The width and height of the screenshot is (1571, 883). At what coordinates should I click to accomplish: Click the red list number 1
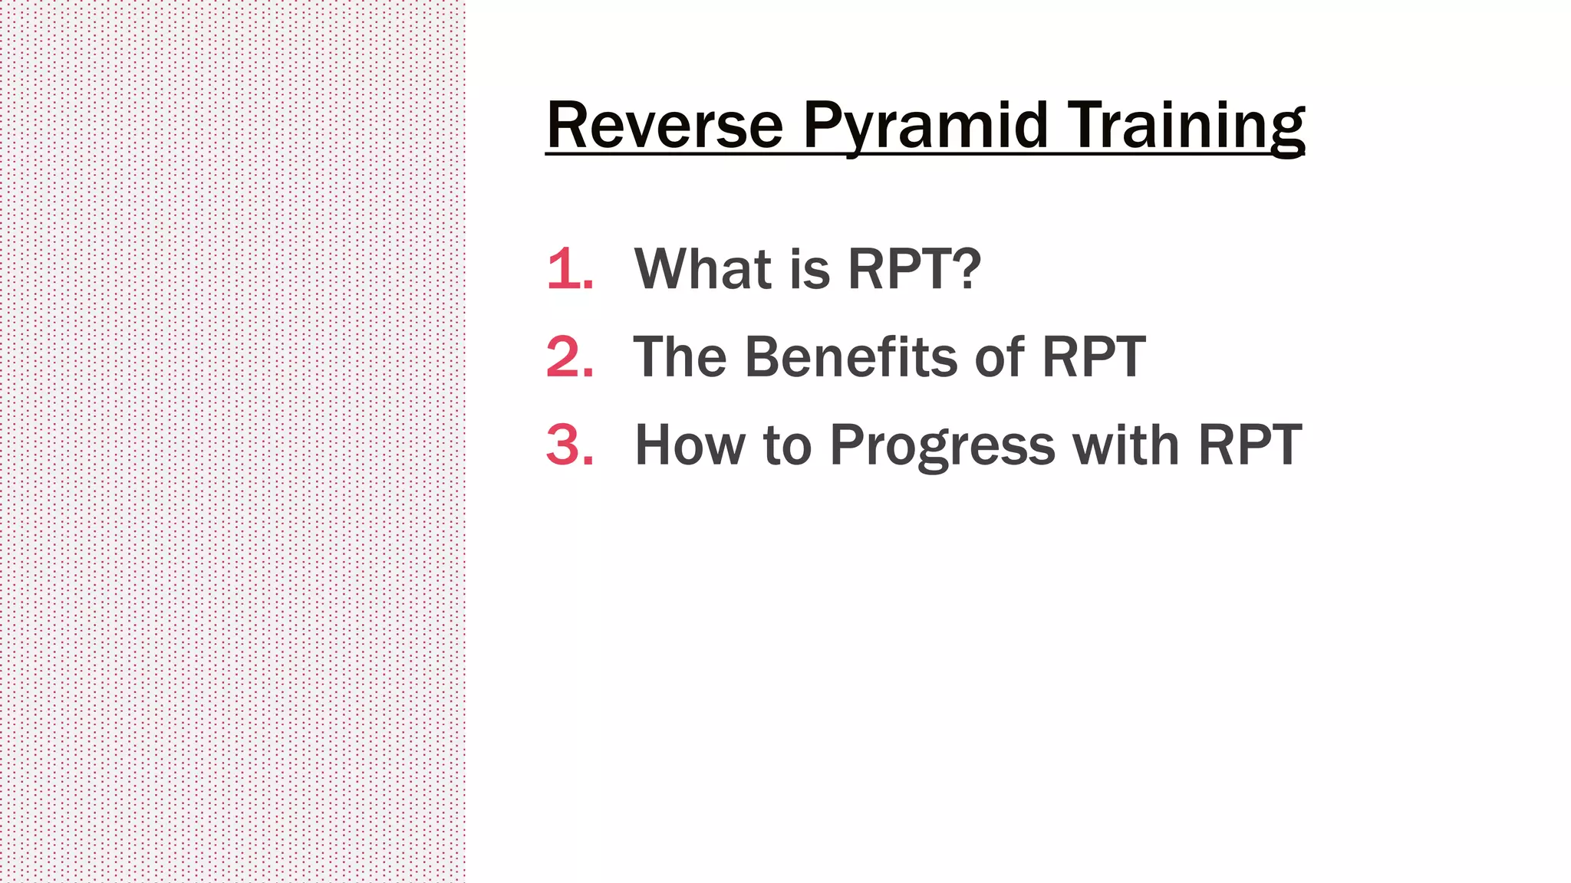(568, 269)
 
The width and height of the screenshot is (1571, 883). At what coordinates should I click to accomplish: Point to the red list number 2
(568, 357)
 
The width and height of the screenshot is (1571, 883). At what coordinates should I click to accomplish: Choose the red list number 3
(568, 445)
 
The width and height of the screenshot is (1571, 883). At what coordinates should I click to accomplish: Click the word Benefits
(851, 357)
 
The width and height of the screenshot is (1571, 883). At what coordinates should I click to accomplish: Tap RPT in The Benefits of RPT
(1094, 357)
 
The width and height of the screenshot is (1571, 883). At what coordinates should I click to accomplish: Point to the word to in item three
(788, 445)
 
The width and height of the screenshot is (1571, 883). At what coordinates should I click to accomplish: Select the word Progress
(943, 447)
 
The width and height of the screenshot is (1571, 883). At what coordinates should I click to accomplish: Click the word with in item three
(1125, 445)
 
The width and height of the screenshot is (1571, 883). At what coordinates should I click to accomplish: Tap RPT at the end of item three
(1250, 445)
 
